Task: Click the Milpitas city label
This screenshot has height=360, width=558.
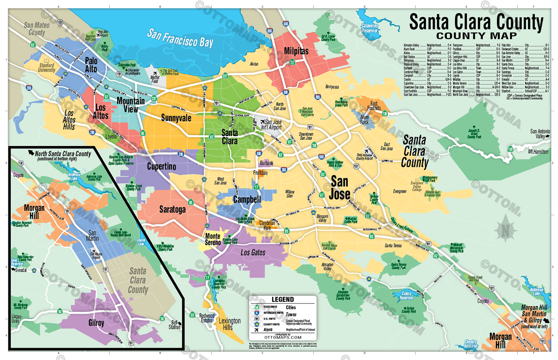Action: tap(296, 51)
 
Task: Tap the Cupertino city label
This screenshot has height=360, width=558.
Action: tap(161, 166)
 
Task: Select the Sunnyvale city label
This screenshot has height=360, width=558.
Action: tap(176, 118)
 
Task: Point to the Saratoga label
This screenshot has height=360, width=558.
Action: tap(172, 209)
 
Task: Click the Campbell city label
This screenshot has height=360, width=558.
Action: tap(247, 200)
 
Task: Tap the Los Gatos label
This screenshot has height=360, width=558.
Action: tap(253, 252)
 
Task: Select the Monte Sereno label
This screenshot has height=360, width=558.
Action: tap(213, 239)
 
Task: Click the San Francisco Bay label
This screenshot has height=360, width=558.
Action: tap(180, 38)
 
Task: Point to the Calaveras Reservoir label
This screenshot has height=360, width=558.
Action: tap(369, 28)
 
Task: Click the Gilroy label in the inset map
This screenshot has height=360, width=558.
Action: tap(96, 323)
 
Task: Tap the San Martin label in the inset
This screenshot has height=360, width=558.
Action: tap(92, 236)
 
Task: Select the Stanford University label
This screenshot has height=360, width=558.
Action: tap(47, 68)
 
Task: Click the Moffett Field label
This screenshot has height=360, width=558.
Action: tap(155, 79)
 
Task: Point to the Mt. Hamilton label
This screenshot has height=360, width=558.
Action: tap(538, 152)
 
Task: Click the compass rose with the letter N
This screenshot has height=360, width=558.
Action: tap(505, 231)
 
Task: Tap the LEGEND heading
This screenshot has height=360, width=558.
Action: tap(283, 299)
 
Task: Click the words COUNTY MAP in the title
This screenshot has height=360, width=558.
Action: tap(476, 36)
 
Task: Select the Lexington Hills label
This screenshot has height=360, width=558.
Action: tap(229, 324)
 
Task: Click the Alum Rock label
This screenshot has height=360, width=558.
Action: tap(364, 120)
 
